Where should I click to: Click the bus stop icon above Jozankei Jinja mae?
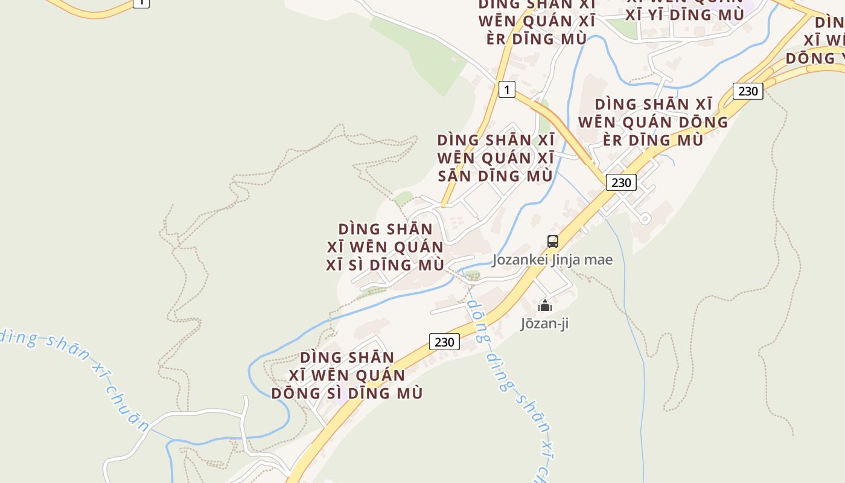552,241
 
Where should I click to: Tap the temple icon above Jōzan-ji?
545,305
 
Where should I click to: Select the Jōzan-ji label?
544,324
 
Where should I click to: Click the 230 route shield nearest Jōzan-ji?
444,342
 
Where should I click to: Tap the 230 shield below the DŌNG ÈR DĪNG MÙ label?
620,182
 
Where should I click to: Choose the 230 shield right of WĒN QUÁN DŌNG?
748,91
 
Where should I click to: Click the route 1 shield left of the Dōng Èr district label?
507,90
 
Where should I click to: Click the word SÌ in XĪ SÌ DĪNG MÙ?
361,265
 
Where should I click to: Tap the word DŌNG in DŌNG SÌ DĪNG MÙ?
295,393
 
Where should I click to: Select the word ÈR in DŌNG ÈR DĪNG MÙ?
614,139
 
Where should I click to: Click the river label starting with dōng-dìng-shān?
510,386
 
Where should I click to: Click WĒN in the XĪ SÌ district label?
368,247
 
